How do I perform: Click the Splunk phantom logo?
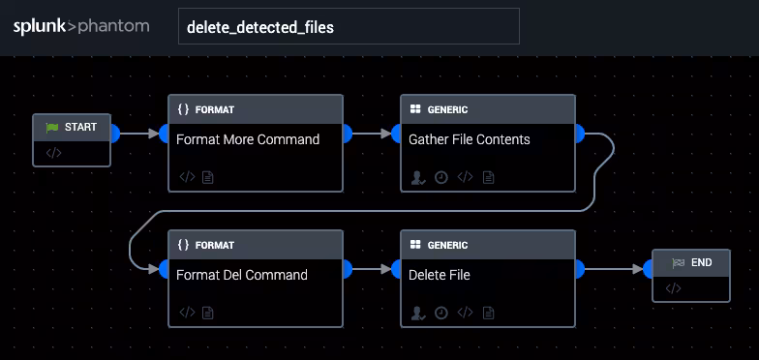81,26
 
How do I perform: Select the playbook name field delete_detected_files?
349,27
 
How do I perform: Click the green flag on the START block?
52,127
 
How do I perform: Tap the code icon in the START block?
53,153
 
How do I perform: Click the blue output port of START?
113,134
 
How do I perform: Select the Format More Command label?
248,139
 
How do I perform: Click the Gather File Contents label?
470,139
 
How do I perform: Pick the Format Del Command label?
242,275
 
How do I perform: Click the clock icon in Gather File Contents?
441,177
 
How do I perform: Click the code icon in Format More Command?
187,177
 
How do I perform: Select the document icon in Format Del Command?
207,313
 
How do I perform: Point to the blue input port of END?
650,269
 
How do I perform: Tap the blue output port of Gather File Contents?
578,134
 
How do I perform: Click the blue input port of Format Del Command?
166,269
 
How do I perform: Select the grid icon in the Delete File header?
415,245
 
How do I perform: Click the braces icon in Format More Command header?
184,109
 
